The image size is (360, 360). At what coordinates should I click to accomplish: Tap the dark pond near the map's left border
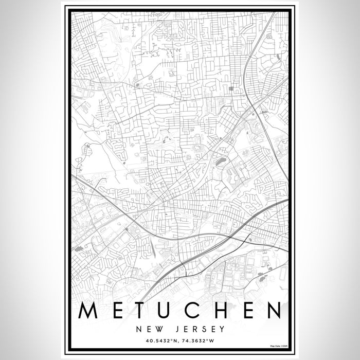(79, 249)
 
